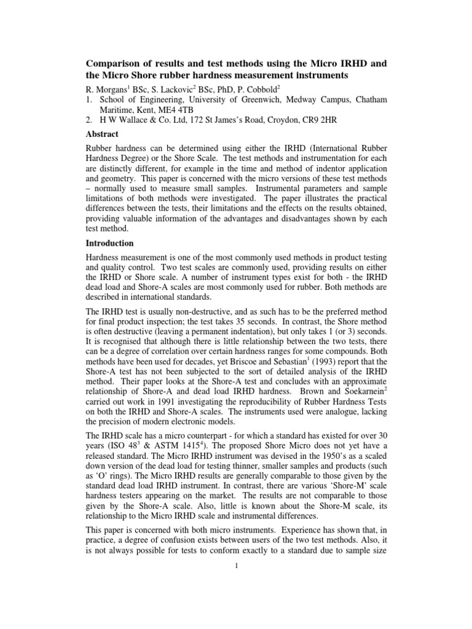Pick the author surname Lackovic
point(189,87)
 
